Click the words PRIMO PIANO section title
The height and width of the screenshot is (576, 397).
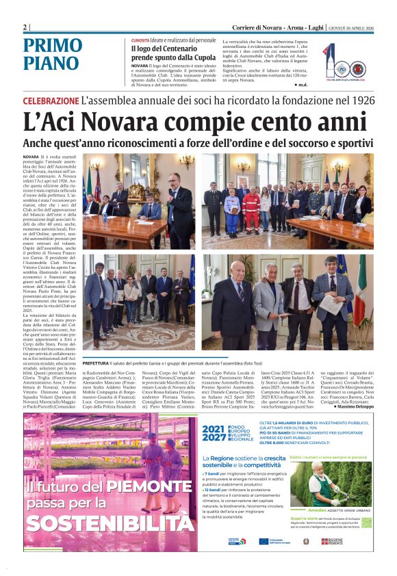coord(51,55)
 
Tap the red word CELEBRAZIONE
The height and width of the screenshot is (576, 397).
coord(50,101)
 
